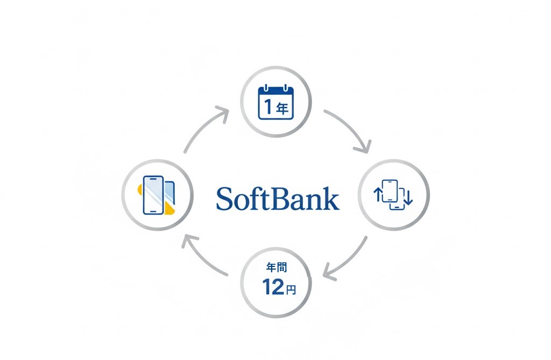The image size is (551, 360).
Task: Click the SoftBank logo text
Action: pos(278,199)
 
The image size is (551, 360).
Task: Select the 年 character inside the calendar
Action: pos(283,109)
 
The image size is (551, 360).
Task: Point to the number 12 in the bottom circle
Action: pos(273,288)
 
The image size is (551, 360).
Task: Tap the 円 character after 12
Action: pos(291,290)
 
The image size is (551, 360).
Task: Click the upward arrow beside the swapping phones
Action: pos(377,195)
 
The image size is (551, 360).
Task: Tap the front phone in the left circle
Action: pos(153,194)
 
